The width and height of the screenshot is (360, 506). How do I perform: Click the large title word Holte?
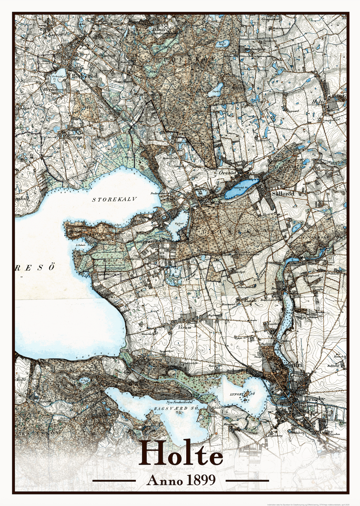pos(181,455)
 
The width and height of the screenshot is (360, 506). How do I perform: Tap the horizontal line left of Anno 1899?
pos(114,481)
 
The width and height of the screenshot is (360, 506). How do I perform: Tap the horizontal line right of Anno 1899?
pos(247,481)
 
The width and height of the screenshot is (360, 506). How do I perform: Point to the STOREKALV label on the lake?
pos(114,200)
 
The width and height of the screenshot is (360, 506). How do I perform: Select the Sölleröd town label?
pos(283,194)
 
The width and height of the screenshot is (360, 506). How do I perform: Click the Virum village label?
pos(185,328)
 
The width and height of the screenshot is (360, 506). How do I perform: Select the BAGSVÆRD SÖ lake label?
pos(172,408)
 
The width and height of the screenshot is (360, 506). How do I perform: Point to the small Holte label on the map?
pos(318,102)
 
